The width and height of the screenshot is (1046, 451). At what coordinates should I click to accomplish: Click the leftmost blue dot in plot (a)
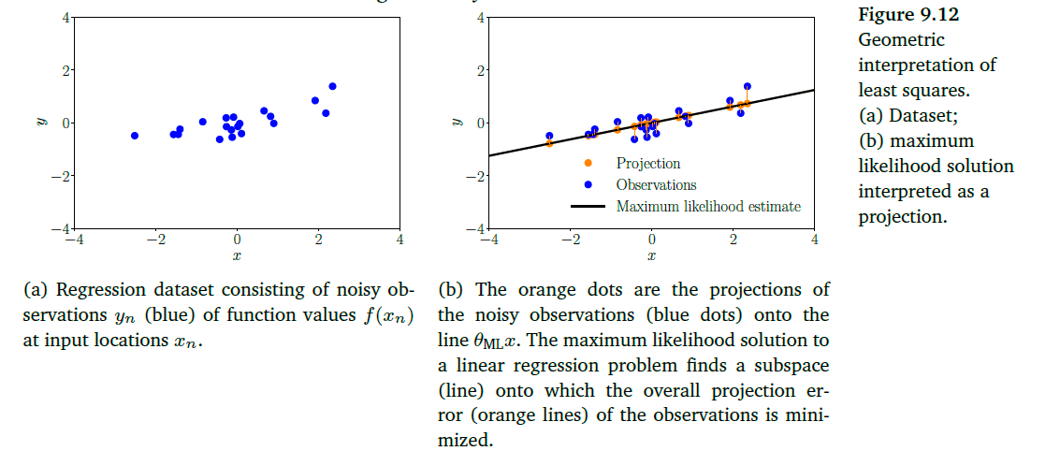(x=135, y=136)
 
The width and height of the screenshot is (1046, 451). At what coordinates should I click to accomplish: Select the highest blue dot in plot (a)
(x=332, y=86)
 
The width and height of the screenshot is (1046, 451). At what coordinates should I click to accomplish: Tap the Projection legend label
(x=647, y=164)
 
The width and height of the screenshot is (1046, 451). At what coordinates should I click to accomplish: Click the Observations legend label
(x=656, y=185)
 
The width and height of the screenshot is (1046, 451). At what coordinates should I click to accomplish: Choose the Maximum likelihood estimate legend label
(x=708, y=207)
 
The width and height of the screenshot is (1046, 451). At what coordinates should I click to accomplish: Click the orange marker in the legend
(x=588, y=164)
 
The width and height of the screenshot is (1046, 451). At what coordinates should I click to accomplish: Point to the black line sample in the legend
(x=588, y=207)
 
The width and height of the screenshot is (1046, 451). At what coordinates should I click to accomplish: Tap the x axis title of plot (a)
(x=237, y=255)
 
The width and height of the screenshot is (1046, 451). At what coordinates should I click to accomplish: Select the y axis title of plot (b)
(x=458, y=122)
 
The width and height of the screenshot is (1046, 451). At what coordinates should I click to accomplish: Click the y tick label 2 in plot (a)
(x=57, y=70)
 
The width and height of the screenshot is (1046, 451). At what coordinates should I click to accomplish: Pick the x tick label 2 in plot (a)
(x=319, y=240)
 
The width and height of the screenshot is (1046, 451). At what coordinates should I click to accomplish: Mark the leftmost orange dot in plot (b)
(x=549, y=143)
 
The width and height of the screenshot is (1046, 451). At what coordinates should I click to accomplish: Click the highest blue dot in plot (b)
(x=747, y=86)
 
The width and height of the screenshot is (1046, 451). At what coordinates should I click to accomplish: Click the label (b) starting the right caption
(x=451, y=290)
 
